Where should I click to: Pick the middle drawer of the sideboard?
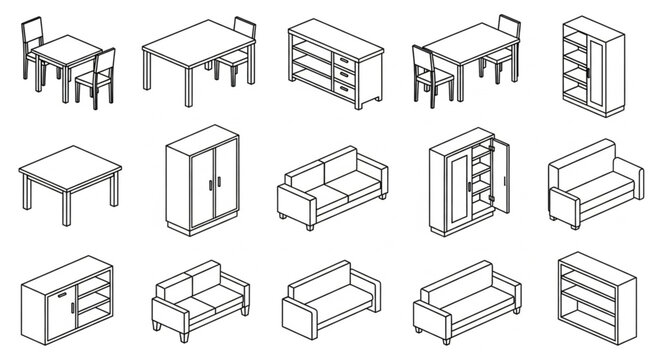click(x=345, y=76)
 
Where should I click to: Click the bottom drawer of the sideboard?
click(x=345, y=92)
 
